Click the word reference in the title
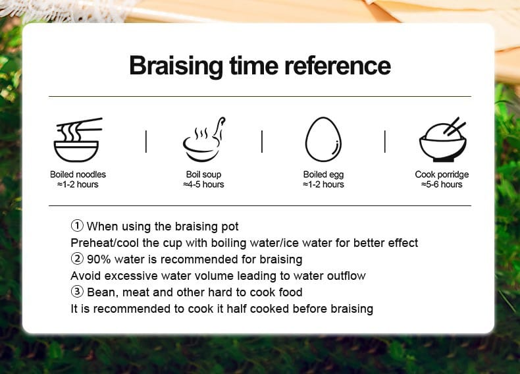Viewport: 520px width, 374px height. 338,65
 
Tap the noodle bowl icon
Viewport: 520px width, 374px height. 78,140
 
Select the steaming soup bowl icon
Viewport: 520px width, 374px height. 203,140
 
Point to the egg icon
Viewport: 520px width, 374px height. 323,139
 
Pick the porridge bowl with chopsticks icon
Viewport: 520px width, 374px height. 443,140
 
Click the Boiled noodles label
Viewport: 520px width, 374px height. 78,174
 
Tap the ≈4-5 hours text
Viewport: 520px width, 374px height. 203,184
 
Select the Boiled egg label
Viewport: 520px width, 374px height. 323,174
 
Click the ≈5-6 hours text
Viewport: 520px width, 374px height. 442,184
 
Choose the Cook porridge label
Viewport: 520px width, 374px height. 442,174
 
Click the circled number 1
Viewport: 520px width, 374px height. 77,226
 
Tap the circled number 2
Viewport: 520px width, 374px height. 77,259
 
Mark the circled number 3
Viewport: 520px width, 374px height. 77,292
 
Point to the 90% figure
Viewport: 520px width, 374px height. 99,259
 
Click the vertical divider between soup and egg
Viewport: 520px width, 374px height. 262,142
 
